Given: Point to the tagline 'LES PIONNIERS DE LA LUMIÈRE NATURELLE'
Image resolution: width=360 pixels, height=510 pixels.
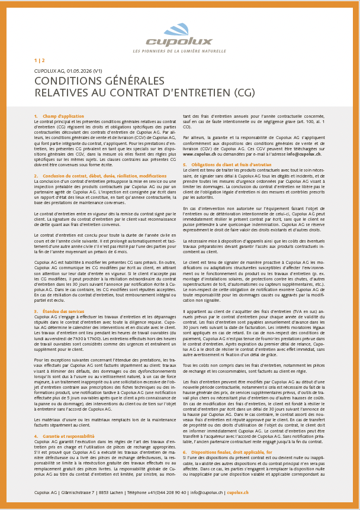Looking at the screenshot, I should [x=180, y=51].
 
